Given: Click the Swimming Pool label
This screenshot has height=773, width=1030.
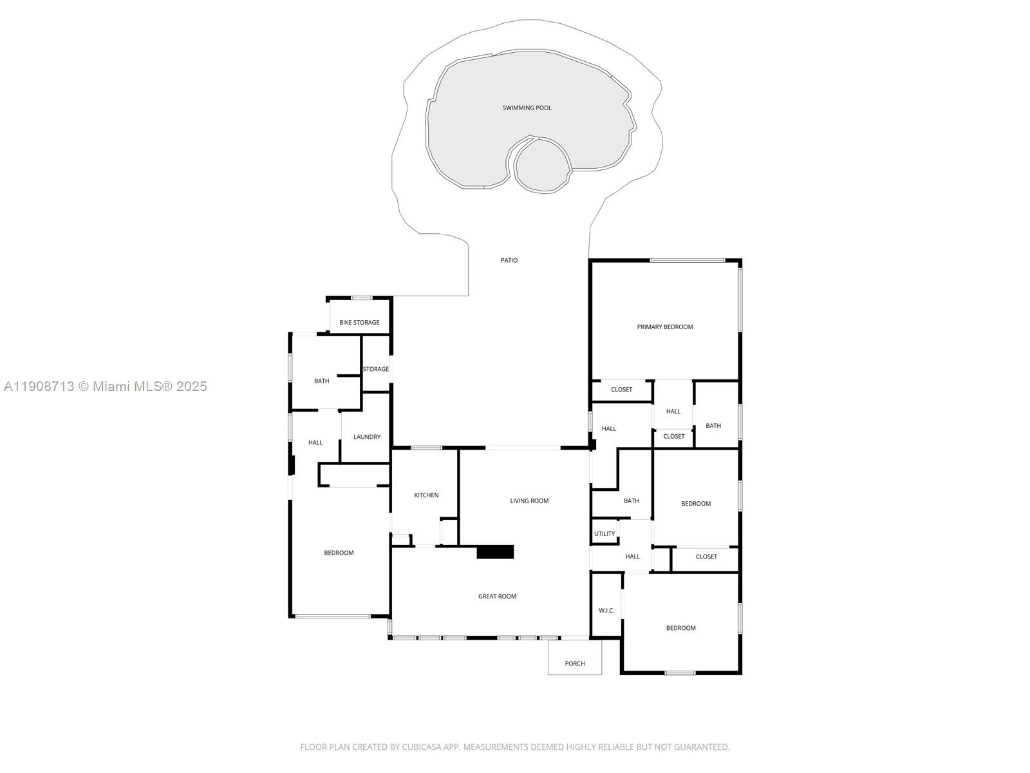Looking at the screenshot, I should click(527, 108).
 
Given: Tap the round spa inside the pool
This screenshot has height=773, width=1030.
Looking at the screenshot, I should click(542, 166).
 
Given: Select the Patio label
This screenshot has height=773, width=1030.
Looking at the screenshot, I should click(509, 260).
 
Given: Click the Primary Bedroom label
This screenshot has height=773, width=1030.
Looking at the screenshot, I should click(664, 327).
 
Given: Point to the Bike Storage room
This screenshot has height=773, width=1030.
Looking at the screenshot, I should click(359, 322).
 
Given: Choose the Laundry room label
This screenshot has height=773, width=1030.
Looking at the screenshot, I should click(366, 437).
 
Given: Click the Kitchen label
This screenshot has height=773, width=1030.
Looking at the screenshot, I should click(426, 495).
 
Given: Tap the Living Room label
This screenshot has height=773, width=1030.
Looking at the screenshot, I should click(529, 501).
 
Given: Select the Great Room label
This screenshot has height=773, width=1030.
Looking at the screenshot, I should click(497, 596).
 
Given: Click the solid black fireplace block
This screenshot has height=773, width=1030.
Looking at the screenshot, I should click(495, 552).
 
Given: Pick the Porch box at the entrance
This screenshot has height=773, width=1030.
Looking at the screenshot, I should click(574, 663).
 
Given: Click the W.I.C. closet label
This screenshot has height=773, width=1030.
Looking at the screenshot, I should click(606, 610).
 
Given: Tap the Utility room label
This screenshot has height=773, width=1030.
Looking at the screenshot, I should click(604, 533).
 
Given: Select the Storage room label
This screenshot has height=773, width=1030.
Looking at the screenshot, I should click(375, 369).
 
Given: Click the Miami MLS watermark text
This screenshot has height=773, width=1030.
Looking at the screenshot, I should click(105, 386).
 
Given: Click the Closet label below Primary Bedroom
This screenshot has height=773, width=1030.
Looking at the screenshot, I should click(621, 389).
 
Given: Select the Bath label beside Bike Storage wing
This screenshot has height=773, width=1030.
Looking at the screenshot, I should click(321, 381).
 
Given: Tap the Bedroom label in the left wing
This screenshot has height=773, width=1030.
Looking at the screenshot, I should click(339, 553).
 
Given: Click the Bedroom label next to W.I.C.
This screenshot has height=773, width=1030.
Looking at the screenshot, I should click(680, 628).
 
